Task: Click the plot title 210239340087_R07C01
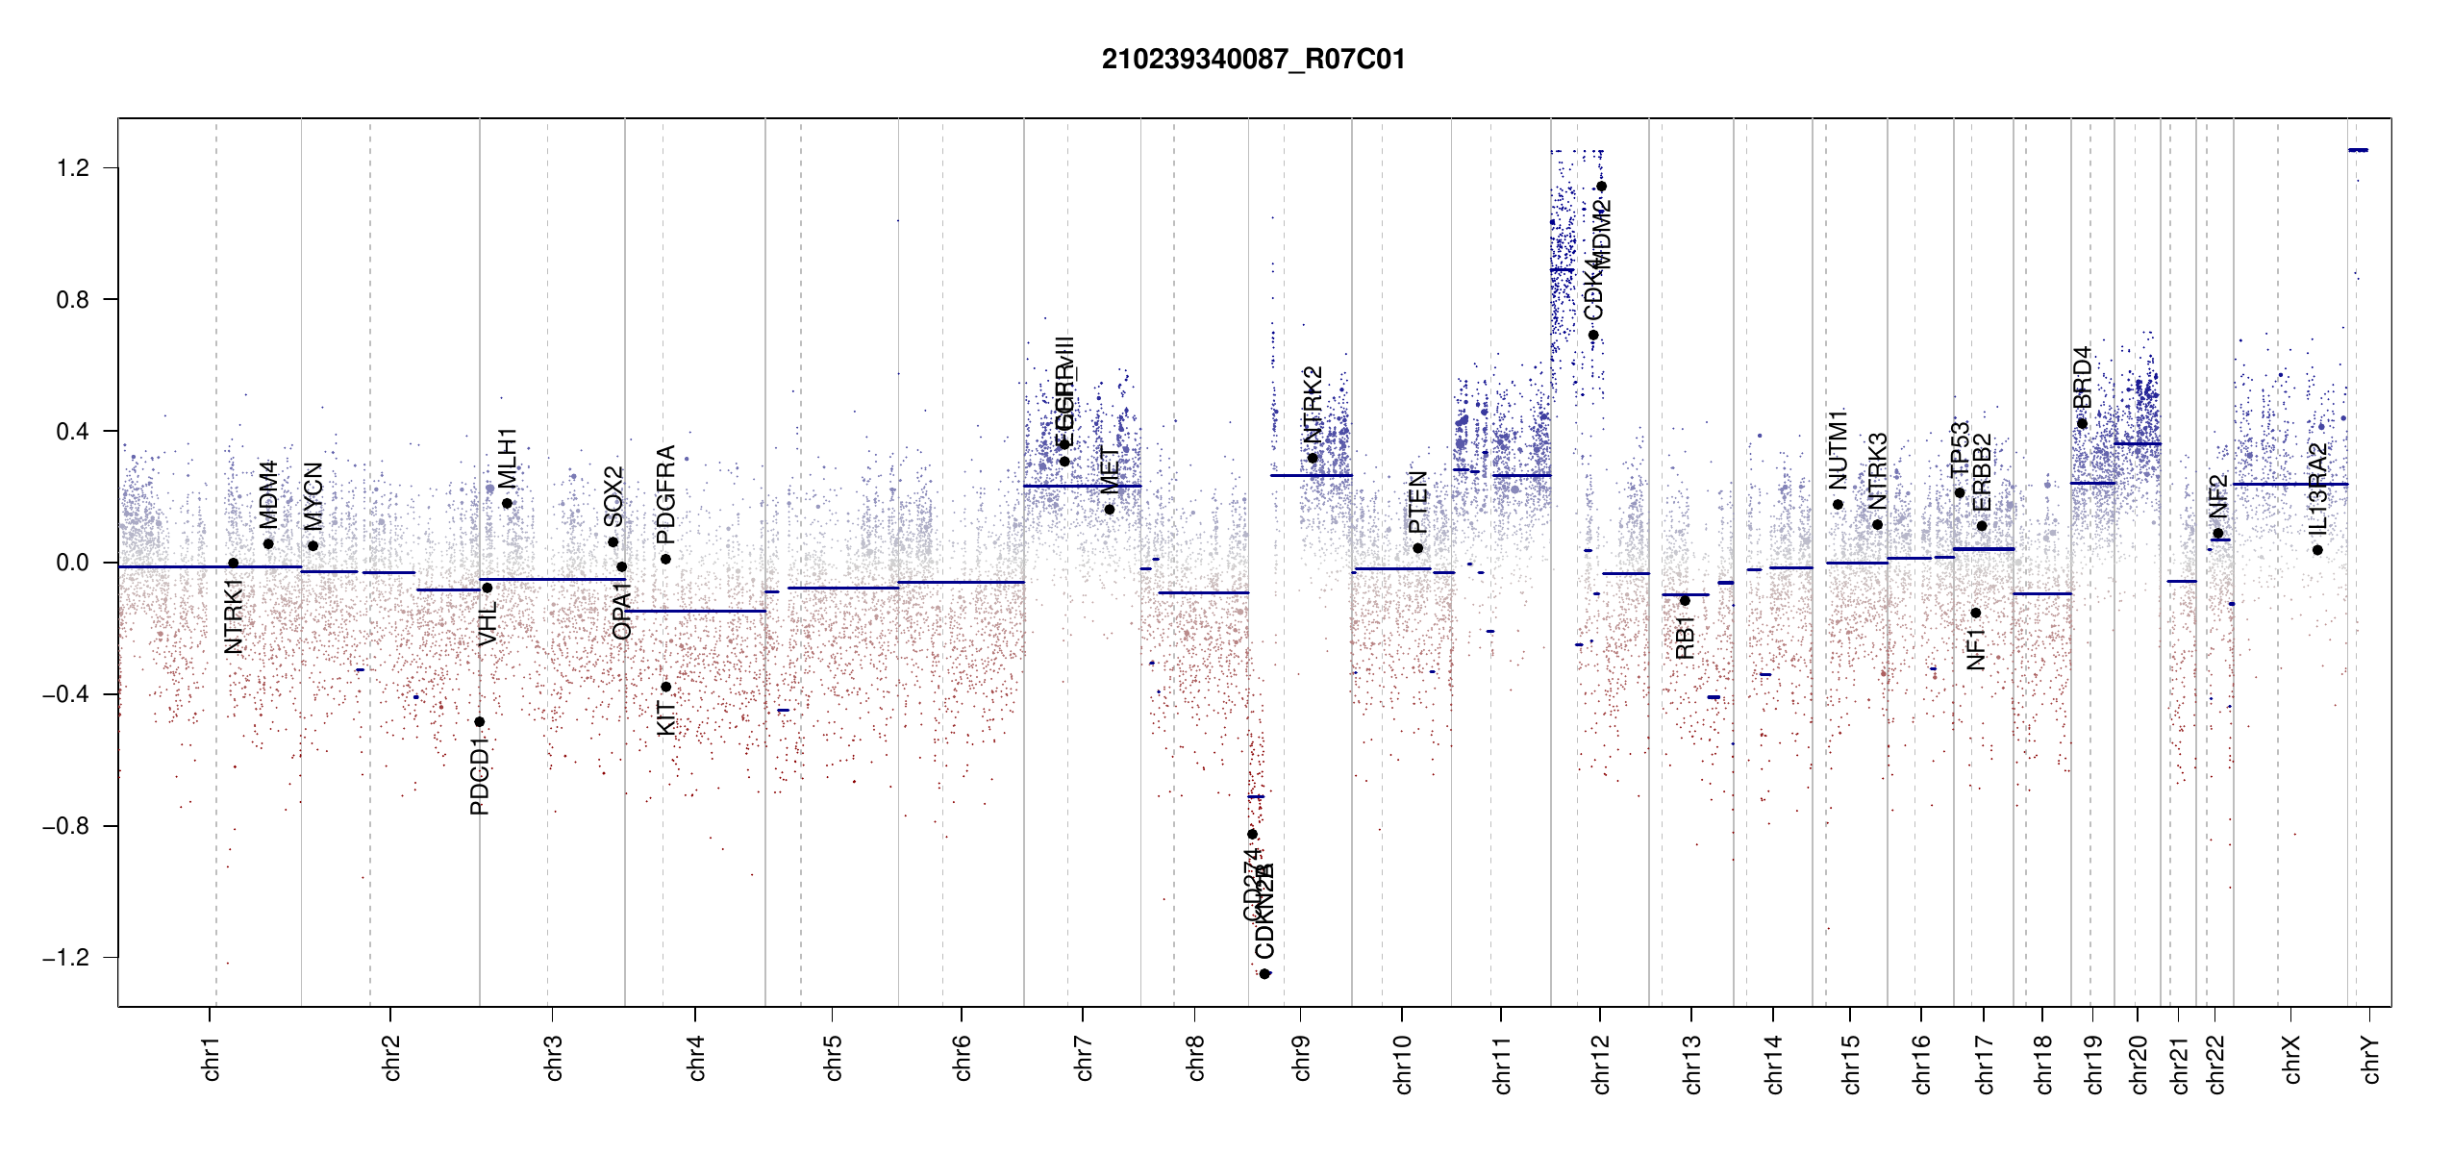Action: coord(1253,60)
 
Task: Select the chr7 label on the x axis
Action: coord(1084,1058)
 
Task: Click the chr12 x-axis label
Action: coord(1601,1064)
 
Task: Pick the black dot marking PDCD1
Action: coord(480,722)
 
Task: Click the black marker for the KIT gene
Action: coord(665,687)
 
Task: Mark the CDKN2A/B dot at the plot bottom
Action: coord(1265,974)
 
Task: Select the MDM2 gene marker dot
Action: coord(1601,187)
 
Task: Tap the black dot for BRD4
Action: coord(2082,423)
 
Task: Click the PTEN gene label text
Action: coord(1417,503)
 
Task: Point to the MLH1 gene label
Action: coord(508,458)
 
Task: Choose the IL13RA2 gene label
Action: coord(2317,489)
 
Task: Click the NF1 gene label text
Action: coord(1976,649)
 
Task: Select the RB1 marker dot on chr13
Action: coord(1685,601)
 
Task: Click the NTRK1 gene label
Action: coord(234,615)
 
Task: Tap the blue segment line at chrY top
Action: coord(2358,150)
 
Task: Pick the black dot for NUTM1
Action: coord(1838,505)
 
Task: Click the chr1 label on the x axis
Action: coord(212,1058)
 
